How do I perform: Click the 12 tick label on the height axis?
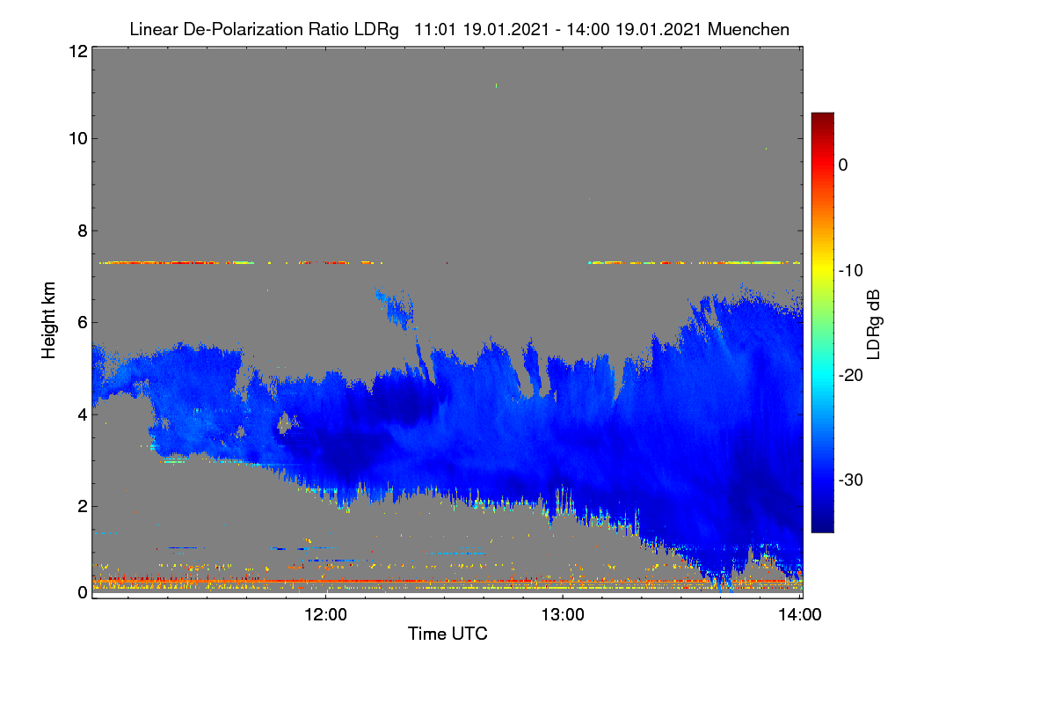click(78, 51)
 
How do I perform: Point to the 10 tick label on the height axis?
click(78, 139)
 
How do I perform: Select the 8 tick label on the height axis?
click(83, 231)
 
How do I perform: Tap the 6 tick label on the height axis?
click(83, 323)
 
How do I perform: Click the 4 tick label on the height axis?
click(83, 415)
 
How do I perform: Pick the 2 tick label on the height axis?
click(83, 506)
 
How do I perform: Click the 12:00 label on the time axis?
click(325, 615)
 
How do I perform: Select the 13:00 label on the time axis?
click(563, 615)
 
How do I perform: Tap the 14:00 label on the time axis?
click(800, 615)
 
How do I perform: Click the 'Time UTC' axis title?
click(447, 634)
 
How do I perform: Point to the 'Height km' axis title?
click(48, 320)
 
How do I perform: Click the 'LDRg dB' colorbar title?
click(874, 325)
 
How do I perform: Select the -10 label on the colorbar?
click(851, 271)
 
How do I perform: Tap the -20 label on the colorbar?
click(851, 376)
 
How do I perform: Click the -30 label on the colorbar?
click(851, 480)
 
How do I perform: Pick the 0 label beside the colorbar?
click(843, 165)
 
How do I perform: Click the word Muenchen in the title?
click(748, 29)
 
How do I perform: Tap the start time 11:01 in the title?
click(434, 29)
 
